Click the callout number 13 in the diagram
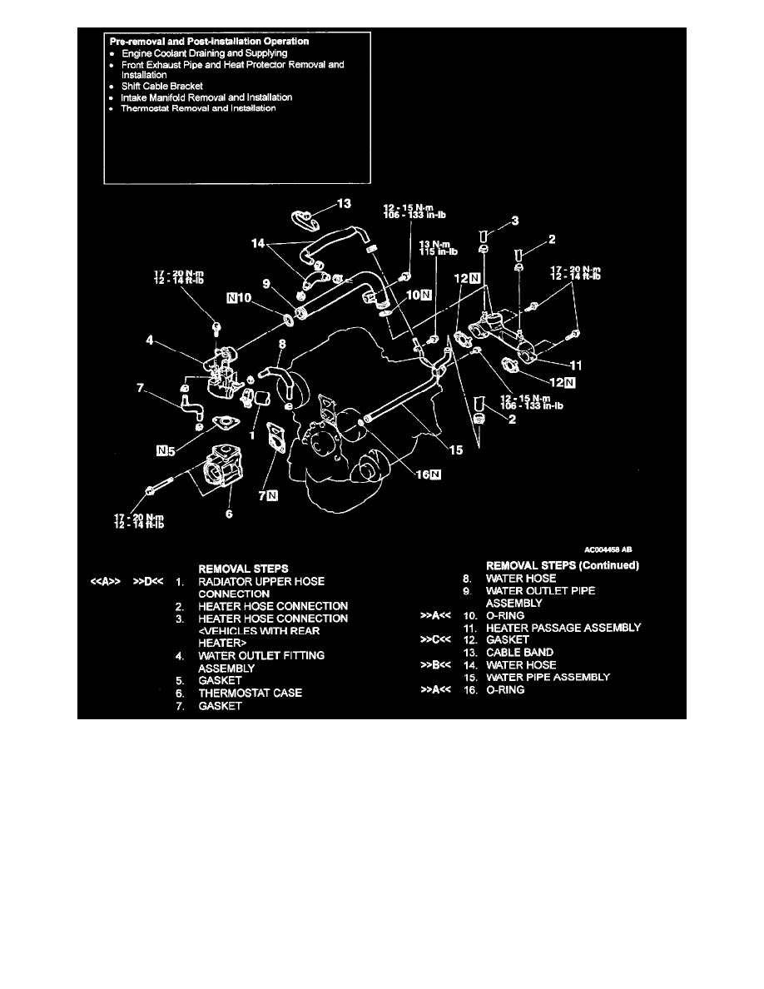click(x=345, y=203)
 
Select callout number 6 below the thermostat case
click(x=229, y=514)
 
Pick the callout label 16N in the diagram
click(x=429, y=475)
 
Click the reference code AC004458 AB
click(x=610, y=549)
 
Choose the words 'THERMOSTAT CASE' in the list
click(x=250, y=693)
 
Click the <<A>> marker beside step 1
click(x=107, y=581)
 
